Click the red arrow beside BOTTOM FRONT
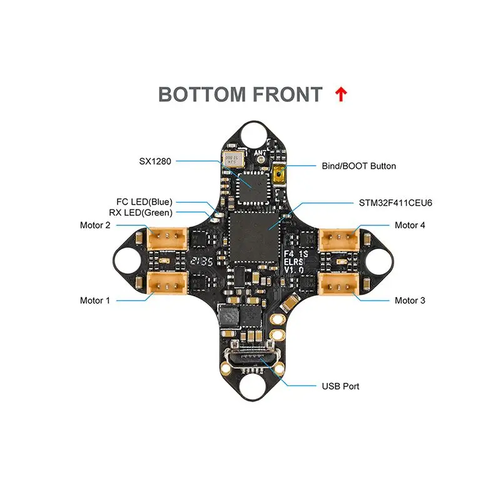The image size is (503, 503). point(341,94)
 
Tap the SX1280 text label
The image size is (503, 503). point(155,161)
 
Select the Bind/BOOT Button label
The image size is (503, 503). point(358,166)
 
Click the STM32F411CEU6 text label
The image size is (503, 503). point(395,203)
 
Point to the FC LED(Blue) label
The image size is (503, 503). point(145,202)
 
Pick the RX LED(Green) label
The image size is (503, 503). point(141,213)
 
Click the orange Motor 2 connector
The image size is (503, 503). point(167,238)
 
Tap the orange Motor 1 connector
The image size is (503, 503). point(167,283)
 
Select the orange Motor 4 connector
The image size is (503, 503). point(338,239)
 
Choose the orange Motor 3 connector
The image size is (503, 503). point(338,283)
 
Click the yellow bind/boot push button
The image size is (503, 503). point(279,175)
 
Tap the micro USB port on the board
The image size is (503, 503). point(253,361)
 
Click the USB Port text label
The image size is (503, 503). point(340,386)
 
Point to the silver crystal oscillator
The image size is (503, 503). point(234,160)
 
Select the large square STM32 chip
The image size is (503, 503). point(254,237)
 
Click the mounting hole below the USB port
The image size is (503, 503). point(253,387)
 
